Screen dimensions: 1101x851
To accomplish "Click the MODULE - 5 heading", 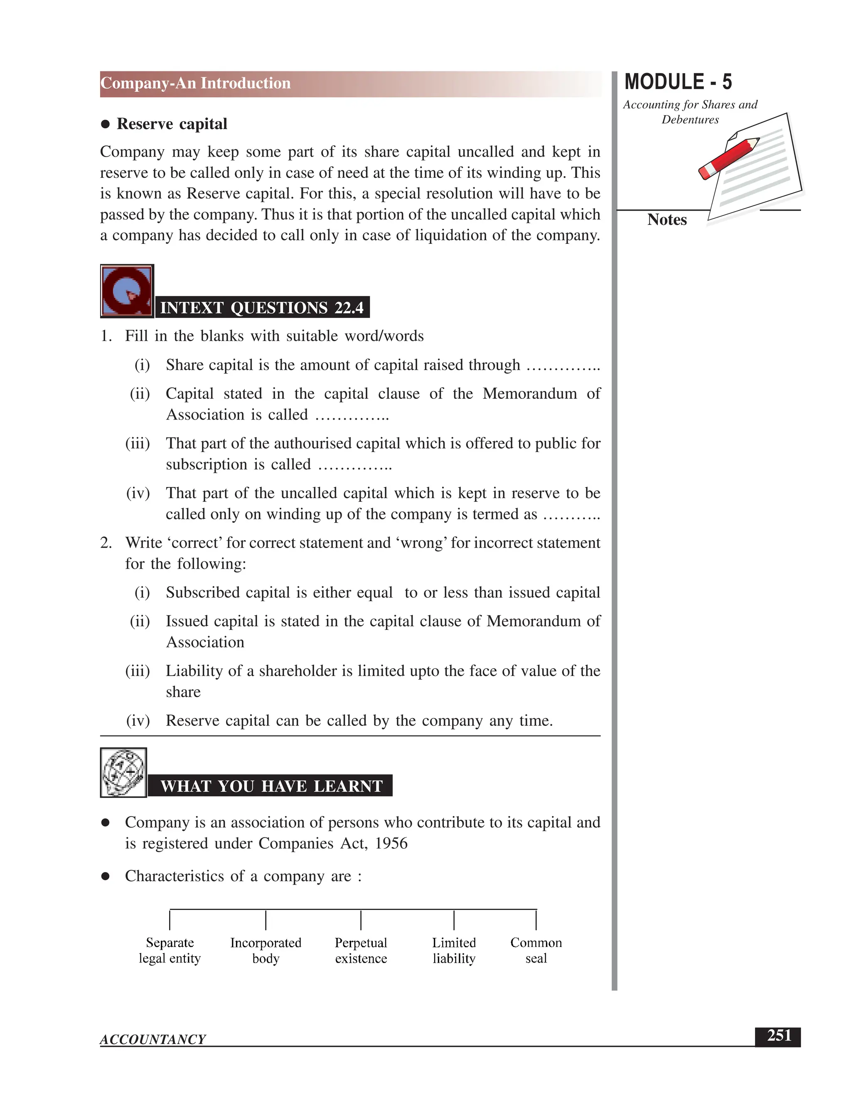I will [x=678, y=82].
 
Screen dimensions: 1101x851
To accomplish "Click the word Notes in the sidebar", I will [x=667, y=220].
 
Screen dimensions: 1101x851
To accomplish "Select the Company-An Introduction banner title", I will [x=196, y=83].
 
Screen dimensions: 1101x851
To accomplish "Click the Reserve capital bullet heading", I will [x=172, y=124].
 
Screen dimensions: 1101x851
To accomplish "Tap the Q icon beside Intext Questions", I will [x=127, y=291].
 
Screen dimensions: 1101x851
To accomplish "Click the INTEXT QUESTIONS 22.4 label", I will [x=262, y=307].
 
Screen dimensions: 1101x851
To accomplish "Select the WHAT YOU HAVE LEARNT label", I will [x=271, y=786].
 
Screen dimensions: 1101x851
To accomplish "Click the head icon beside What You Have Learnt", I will [x=123, y=772].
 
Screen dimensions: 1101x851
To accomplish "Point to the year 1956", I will [x=391, y=843].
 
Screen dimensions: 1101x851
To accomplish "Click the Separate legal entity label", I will [x=170, y=950].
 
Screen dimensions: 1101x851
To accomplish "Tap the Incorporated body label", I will [x=266, y=950].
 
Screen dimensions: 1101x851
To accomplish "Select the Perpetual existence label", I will [x=361, y=950].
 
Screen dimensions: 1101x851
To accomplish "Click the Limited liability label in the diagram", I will [x=454, y=950].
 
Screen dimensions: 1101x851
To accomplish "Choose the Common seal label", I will [x=536, y=950].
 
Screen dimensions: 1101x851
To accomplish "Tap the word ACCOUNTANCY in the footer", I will [x=153, y=1039].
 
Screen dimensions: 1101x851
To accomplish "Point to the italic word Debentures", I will [x=690, y=120].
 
